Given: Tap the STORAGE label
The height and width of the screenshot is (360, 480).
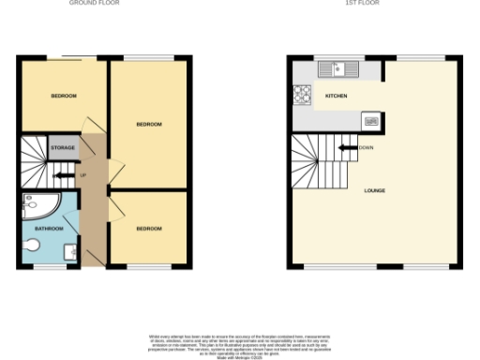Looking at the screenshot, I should [63, 148].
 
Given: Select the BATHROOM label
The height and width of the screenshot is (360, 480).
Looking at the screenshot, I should [49, 229].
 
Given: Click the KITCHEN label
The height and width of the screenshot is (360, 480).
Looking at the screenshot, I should [337, 97].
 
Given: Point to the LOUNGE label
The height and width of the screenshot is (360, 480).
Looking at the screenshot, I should [375, 190].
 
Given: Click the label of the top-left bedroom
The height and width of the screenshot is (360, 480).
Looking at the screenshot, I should [63, 96].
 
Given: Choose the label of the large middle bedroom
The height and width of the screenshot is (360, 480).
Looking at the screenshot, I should [149, 125].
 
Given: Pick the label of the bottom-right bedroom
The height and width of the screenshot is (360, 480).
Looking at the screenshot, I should [149, 229].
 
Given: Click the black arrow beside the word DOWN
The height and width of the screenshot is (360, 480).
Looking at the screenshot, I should [344, 147].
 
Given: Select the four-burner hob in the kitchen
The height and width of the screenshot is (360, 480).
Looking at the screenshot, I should [304, 94].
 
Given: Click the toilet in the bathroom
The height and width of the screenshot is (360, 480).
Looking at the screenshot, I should [33, 246].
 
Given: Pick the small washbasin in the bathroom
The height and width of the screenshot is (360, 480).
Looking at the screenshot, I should [70, 251].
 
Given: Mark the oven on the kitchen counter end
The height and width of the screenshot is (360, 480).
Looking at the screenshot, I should [370, 120].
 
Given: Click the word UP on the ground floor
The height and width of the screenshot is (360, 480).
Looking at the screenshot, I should [82, 175].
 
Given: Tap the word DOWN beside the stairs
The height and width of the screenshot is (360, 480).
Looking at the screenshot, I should [366, 147].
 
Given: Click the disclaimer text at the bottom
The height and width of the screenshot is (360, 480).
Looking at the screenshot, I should [240, 342].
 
